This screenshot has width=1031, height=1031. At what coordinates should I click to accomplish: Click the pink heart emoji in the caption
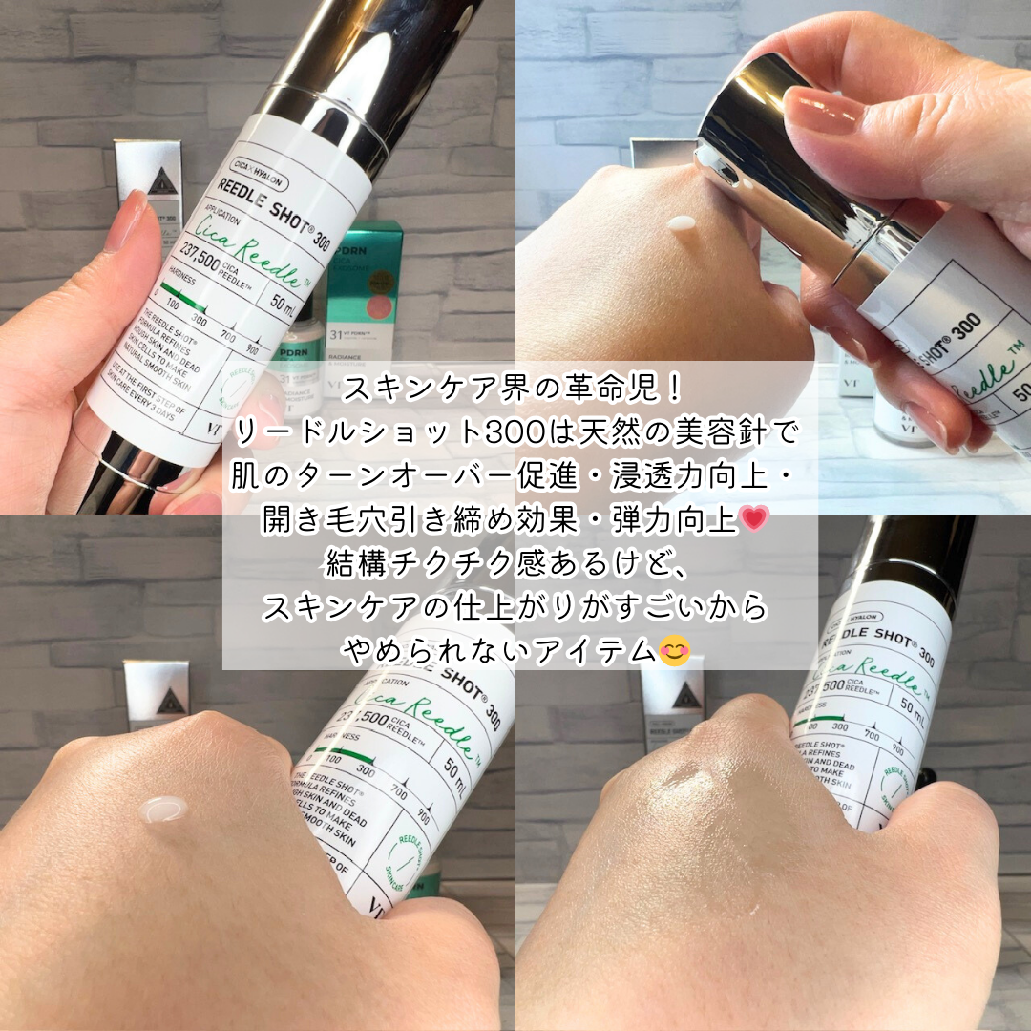click(x=754, y=519)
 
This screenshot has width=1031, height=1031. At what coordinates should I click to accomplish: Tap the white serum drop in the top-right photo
click(x=682, y=224)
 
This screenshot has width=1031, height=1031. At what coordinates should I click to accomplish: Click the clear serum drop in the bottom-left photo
click(x=162, y=810)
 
